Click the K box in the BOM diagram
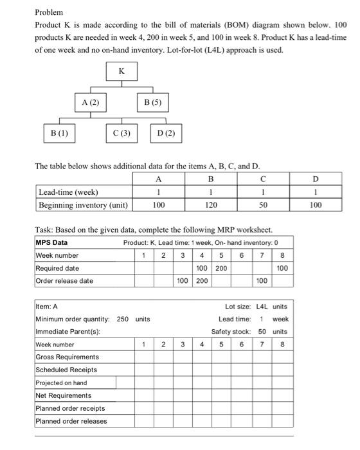(121, 71)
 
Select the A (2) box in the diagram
(90, 102)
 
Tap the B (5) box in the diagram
(152, 102)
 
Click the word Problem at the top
(49, 12)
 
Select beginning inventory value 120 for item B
(211, 205)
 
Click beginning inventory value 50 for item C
(264, 205)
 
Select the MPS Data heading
(51, 242)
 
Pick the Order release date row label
(64, 281)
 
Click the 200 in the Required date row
(220, 268)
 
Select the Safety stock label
(231, 332)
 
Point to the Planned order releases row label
(71, 421)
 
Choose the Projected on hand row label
(62, 382)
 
